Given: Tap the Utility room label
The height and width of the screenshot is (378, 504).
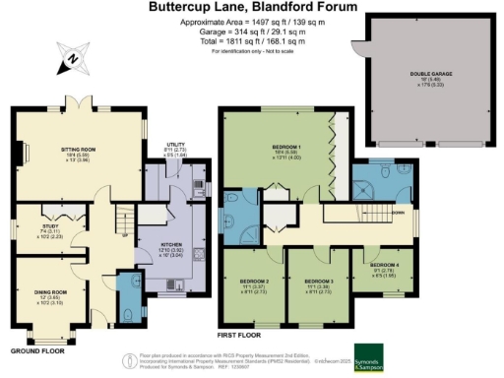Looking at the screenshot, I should click(x=165, y=144).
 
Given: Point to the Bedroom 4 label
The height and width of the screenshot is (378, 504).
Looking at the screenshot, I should click(x=384, y=266).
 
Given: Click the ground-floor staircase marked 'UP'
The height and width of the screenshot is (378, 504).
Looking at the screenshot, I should click(x=123, y=221).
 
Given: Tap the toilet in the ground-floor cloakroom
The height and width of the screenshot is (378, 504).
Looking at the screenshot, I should click(x=131, y=315).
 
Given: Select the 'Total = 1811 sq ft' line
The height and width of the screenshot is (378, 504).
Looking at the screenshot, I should click(x=252, y=40).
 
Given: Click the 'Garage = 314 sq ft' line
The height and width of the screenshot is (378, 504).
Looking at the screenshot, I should click(x=252, y=31).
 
